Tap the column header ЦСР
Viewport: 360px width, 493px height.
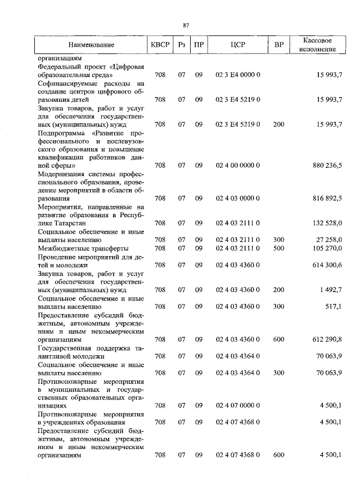pyautogui.click(x=238, y=44)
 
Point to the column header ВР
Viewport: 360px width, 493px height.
pyautogui.click(x=278, y=44)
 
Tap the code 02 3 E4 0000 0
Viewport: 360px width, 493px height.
pyautogui.click(x=238, y=74)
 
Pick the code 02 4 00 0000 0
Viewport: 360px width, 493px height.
pyautogui.click(x=238, y=166)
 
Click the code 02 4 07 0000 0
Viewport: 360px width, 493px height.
pyautogui.click(x=238, y=405)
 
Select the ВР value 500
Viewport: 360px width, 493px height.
pyautogui.click(x=278, y=248)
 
